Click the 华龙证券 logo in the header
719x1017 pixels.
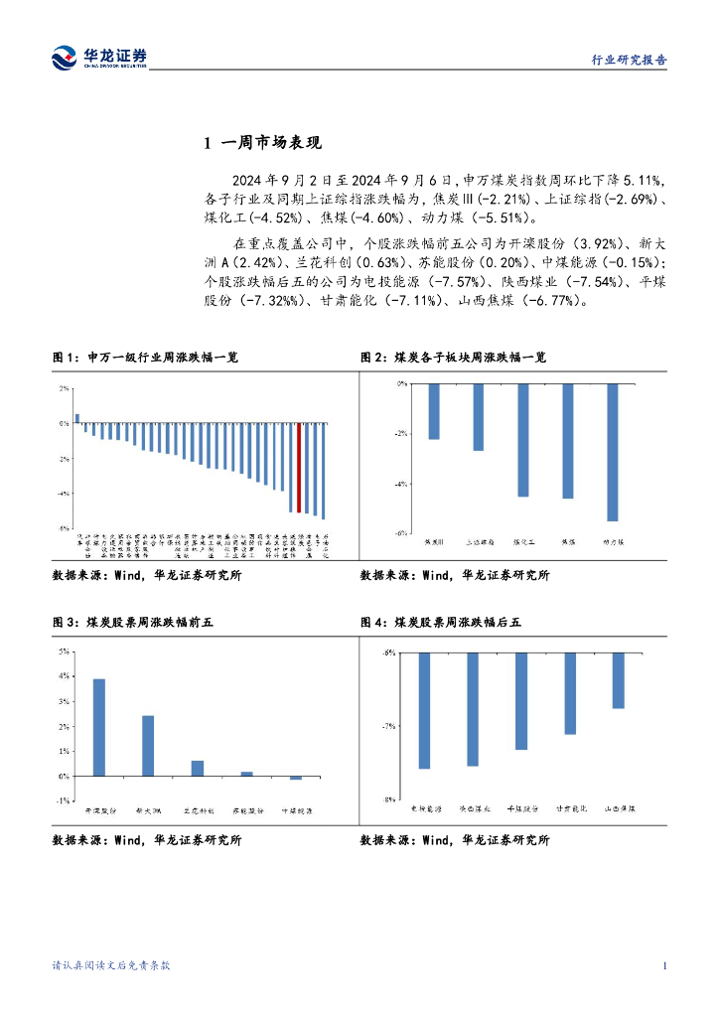99,57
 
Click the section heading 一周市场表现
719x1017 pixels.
262,144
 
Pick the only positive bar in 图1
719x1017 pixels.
77,418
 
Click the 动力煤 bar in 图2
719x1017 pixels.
612,452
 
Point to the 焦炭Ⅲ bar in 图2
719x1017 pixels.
433,411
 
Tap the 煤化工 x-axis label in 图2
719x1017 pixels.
523,542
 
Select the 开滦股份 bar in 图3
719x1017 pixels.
98,727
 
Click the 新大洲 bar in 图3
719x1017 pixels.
148,745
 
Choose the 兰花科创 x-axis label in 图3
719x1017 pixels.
198,811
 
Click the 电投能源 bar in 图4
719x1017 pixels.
424,710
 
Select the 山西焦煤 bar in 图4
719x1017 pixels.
618,680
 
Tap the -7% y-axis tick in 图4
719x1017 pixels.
389,726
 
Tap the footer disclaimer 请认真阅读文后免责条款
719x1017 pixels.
111,966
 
